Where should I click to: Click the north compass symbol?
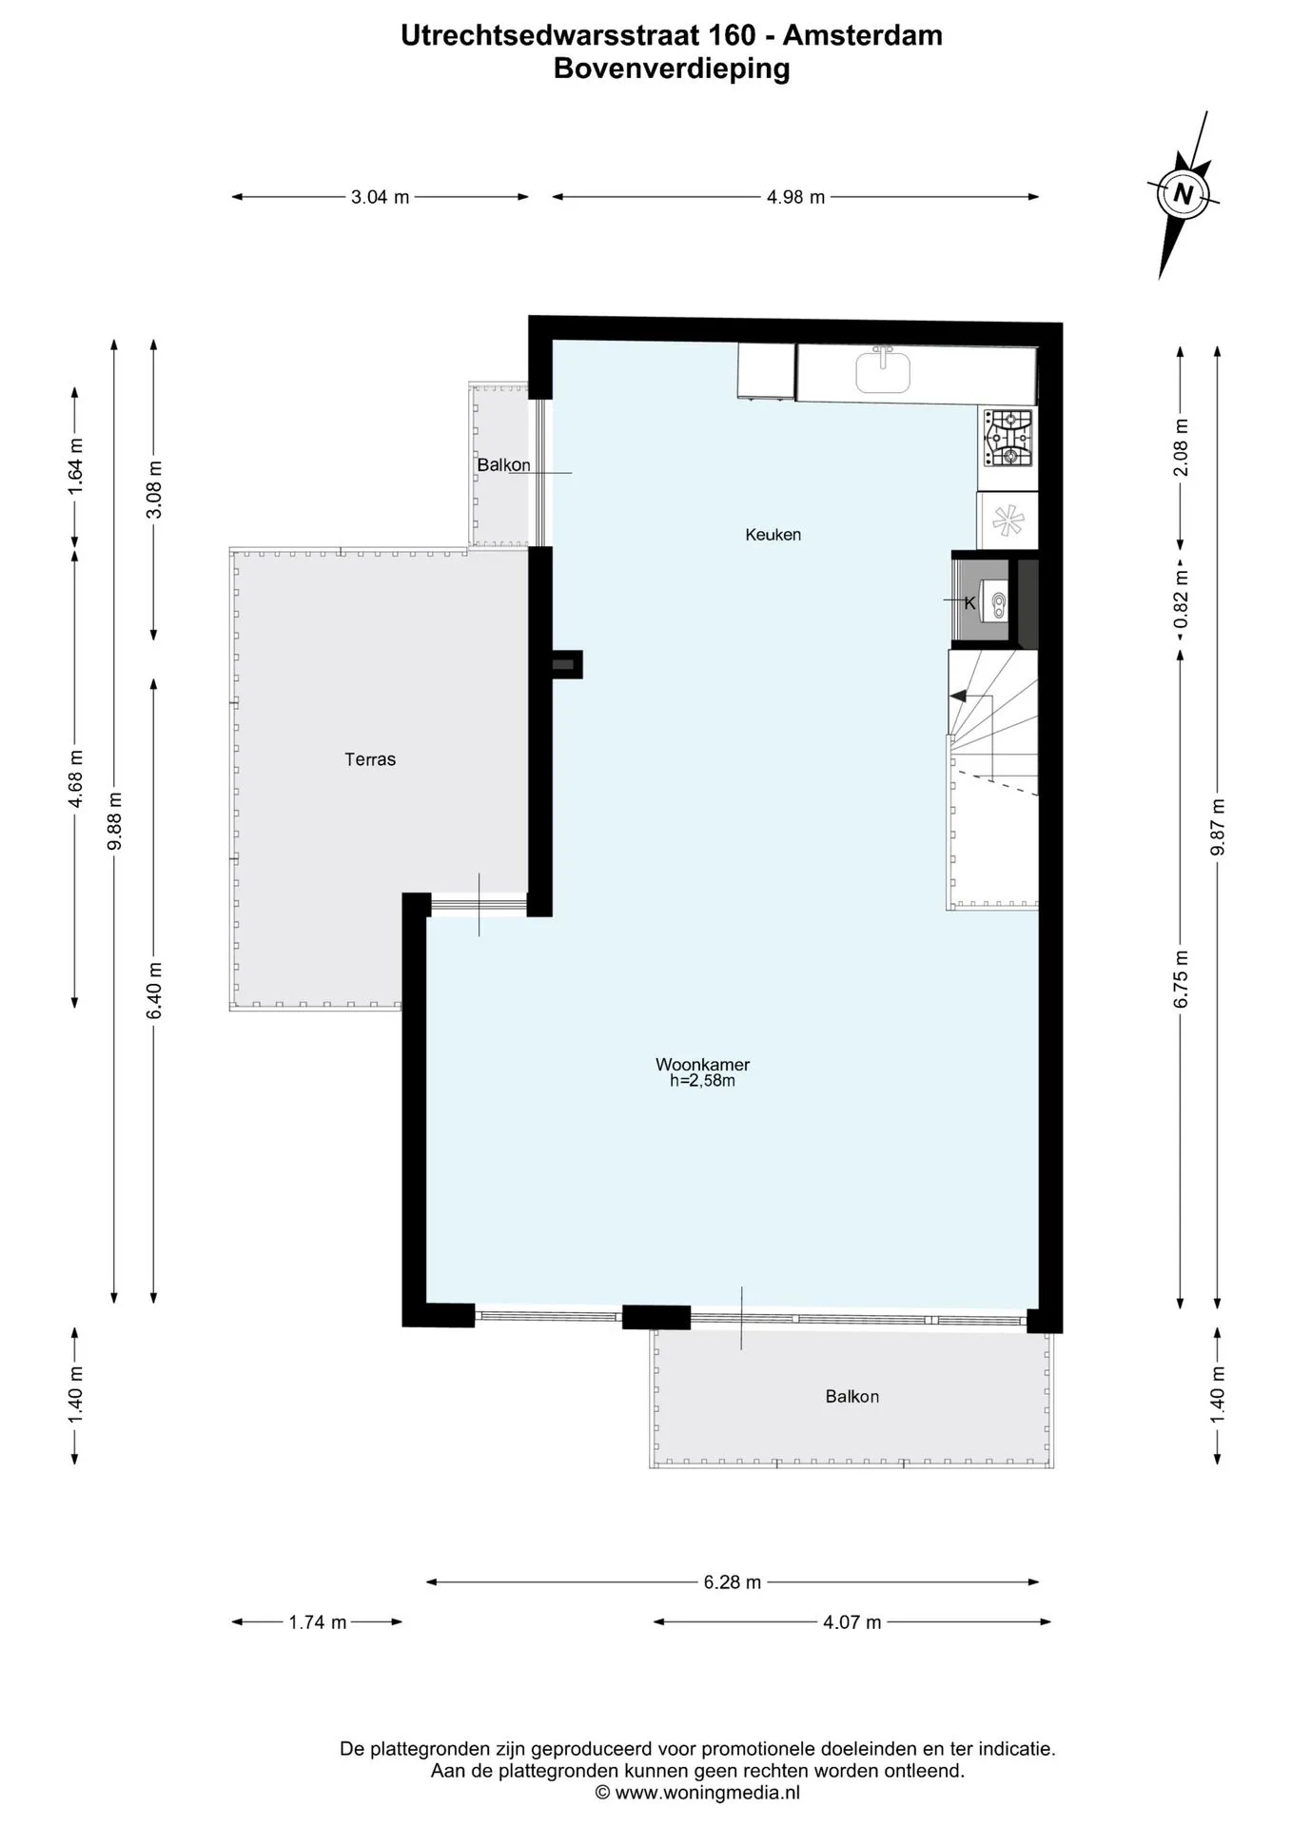tap(1184, 194)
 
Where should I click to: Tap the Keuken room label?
tap(773, 535)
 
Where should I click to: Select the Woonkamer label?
tap(703, 1065)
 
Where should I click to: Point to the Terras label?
tap(370, 759)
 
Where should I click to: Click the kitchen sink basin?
tap(883, 370)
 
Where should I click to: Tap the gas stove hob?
tap(1008, 438)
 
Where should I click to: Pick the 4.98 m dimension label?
tap(796, 198)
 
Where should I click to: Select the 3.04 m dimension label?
tap(381, 198)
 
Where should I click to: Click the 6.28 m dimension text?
tap(733, 1582)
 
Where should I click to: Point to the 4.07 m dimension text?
tap(852, 1622)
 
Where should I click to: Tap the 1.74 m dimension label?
tap(318, 1622)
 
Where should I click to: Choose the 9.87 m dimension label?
tap(1219, 827)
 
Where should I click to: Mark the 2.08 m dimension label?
tap(1182, 447)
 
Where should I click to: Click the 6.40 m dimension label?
tap(155, 991)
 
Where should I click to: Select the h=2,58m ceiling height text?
tap(703, 1081)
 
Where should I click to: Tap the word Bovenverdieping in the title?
tap(672, 69)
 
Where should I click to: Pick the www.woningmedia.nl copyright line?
tap(697, 1793)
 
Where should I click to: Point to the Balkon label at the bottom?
tap(852, 1397)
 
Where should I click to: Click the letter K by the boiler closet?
tap(970, 603)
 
